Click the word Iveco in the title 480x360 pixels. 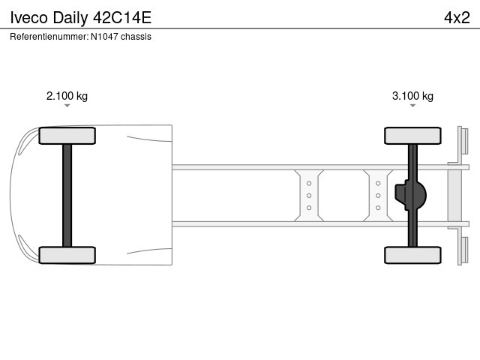click(x=29, y=18)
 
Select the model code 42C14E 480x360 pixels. click(x=122, y=18)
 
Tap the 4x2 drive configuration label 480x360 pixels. click(x=457, y=18)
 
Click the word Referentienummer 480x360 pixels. click(x=49, y=37)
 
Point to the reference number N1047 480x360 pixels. click(x=104, y=37)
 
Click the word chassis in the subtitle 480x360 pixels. click(x=136, y=37)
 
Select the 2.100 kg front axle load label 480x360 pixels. click(x=67, y=96)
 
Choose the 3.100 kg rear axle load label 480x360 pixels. click(x=412, y=96)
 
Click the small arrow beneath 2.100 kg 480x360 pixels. click(x=67, y=106)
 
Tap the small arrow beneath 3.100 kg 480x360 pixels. click(x=412, y=106)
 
